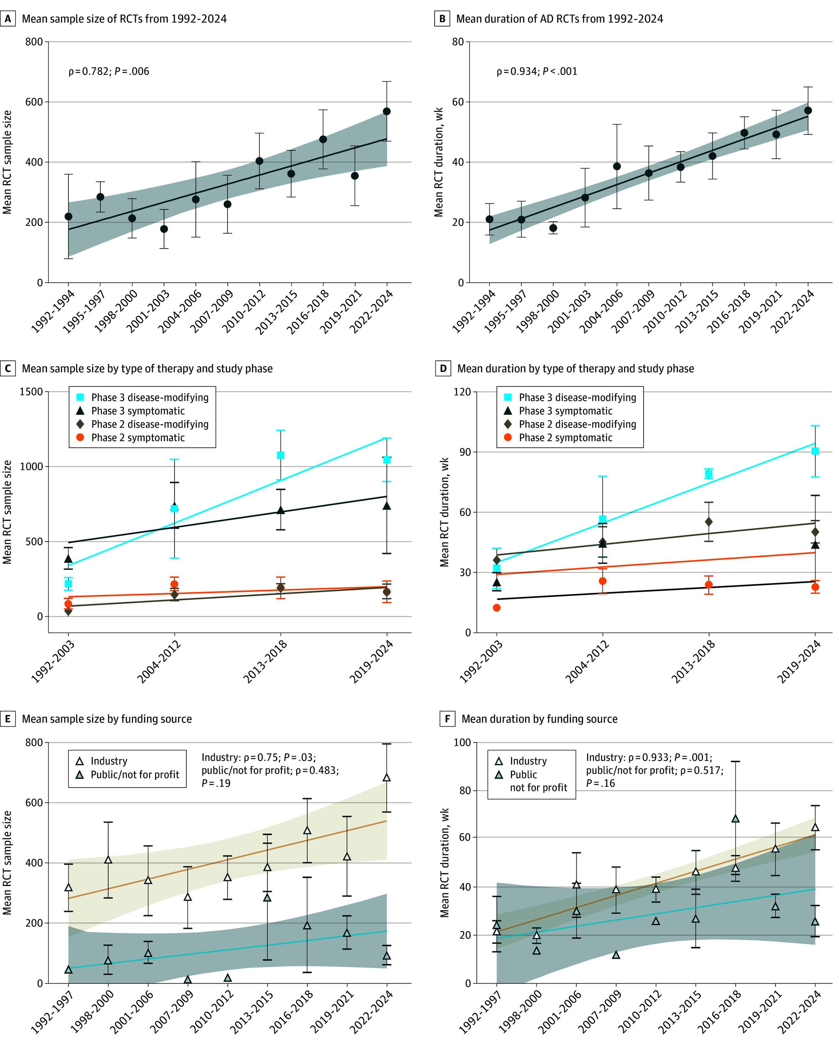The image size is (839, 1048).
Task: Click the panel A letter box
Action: [8, 19]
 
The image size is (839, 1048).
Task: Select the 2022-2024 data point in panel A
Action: [387, 111]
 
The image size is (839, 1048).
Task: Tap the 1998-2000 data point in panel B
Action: [553, 228]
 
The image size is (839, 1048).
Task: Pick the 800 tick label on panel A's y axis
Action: [34, 42]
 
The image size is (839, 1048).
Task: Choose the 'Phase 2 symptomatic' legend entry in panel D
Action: [565, 437]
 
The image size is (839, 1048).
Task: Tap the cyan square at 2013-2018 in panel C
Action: [280, 455]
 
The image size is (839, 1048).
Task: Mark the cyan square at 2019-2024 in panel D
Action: [815, 451]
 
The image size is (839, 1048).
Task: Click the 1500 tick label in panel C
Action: [31, 392]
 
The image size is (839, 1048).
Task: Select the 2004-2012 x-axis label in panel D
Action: [587, 662]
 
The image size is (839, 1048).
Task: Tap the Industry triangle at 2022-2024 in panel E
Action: [387, 777]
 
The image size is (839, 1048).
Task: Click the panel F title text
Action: [539, 719]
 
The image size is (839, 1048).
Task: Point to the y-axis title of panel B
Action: [439, 162]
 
